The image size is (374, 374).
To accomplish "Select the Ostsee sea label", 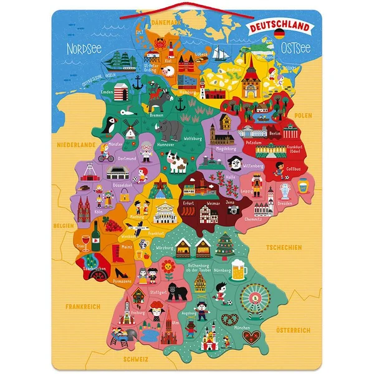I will [x=297, y=47].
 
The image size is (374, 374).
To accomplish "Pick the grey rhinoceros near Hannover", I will [x=170, y=128].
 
